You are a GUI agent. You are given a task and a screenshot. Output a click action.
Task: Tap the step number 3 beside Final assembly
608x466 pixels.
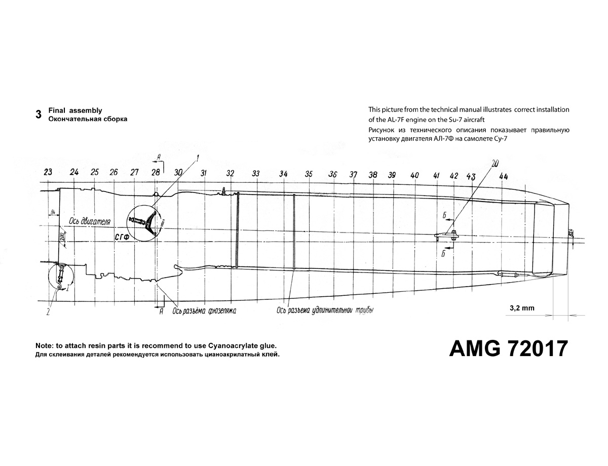[39, 114]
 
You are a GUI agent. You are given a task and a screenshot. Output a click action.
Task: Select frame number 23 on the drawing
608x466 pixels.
[48, 172]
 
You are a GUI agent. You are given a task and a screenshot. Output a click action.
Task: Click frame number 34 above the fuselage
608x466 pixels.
[283, 174]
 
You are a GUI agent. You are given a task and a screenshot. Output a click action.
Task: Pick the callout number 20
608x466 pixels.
[495, 163]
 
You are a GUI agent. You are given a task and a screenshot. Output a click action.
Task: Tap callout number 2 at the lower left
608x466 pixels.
[48, 312]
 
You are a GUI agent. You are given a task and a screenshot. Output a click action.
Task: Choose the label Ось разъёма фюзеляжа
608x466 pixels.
[204, 310]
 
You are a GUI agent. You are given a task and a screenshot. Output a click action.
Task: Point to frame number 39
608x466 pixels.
[392, 175]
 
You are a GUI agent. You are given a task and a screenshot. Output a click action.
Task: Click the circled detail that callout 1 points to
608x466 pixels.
[143, 223]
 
